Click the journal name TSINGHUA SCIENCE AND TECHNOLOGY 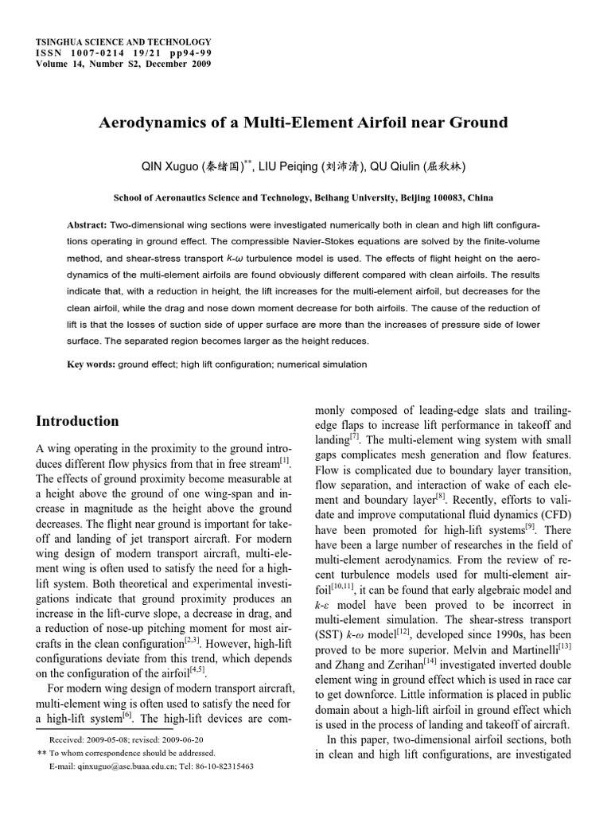tap(125, 41)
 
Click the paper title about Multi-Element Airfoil tap(302, 123)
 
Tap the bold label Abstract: tap(88, 225)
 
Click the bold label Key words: tap(91, 365)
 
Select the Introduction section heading tap(78, 421)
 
